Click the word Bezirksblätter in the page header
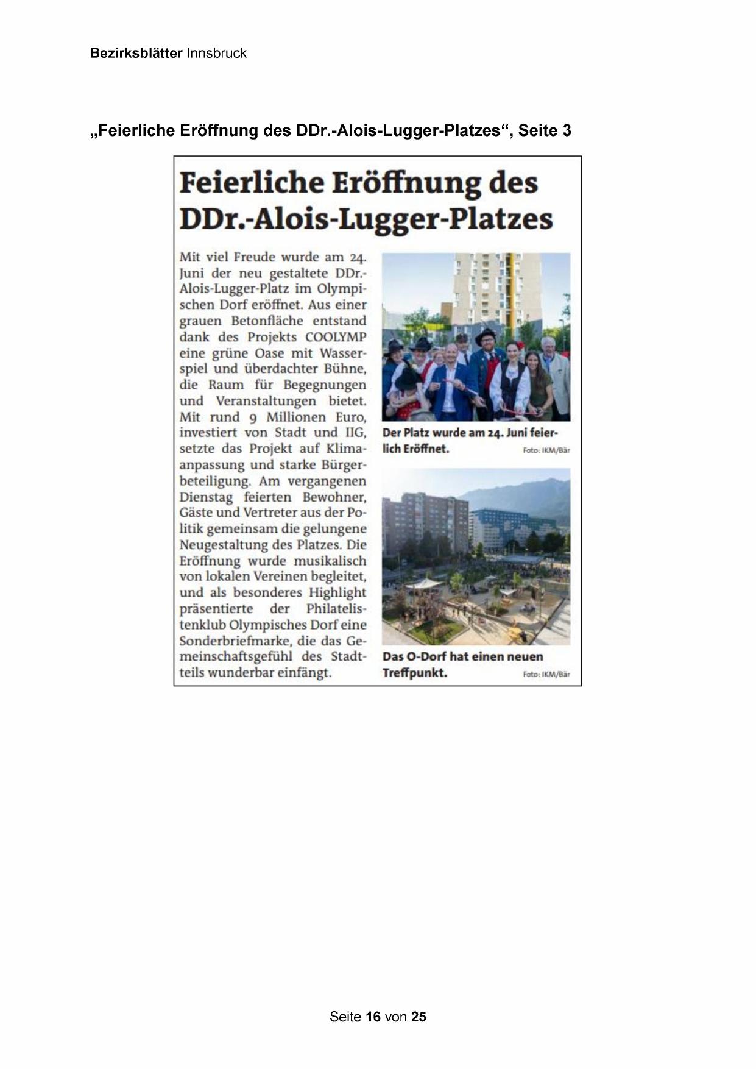(136, 54)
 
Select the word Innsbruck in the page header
(216, 54)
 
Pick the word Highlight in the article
(337, 592)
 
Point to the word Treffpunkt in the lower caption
(414, 673)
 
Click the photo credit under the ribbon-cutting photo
(546, 451)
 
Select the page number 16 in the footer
(373, 1017)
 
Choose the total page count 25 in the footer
(419, 1017)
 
